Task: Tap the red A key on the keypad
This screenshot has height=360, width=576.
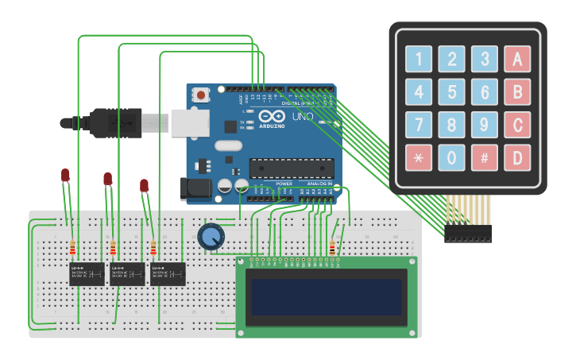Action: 517,59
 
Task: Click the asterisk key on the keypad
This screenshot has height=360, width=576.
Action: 419,157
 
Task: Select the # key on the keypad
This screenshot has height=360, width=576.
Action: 484,157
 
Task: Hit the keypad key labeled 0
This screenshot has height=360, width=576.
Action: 451,157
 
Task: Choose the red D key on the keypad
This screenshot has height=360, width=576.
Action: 517,157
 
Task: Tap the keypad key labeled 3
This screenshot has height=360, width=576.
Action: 484,59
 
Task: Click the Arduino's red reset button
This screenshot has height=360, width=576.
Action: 201,95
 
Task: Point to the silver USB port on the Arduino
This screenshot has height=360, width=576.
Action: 190,122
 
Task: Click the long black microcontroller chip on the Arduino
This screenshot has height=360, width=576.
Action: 292,168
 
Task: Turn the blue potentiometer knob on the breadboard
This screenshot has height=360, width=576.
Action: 211,236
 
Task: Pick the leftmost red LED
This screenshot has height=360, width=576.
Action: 65,175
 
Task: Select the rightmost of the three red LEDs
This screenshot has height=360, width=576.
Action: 144,186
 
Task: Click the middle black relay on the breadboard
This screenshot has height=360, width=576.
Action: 127,273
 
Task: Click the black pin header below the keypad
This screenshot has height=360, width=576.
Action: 468,233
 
